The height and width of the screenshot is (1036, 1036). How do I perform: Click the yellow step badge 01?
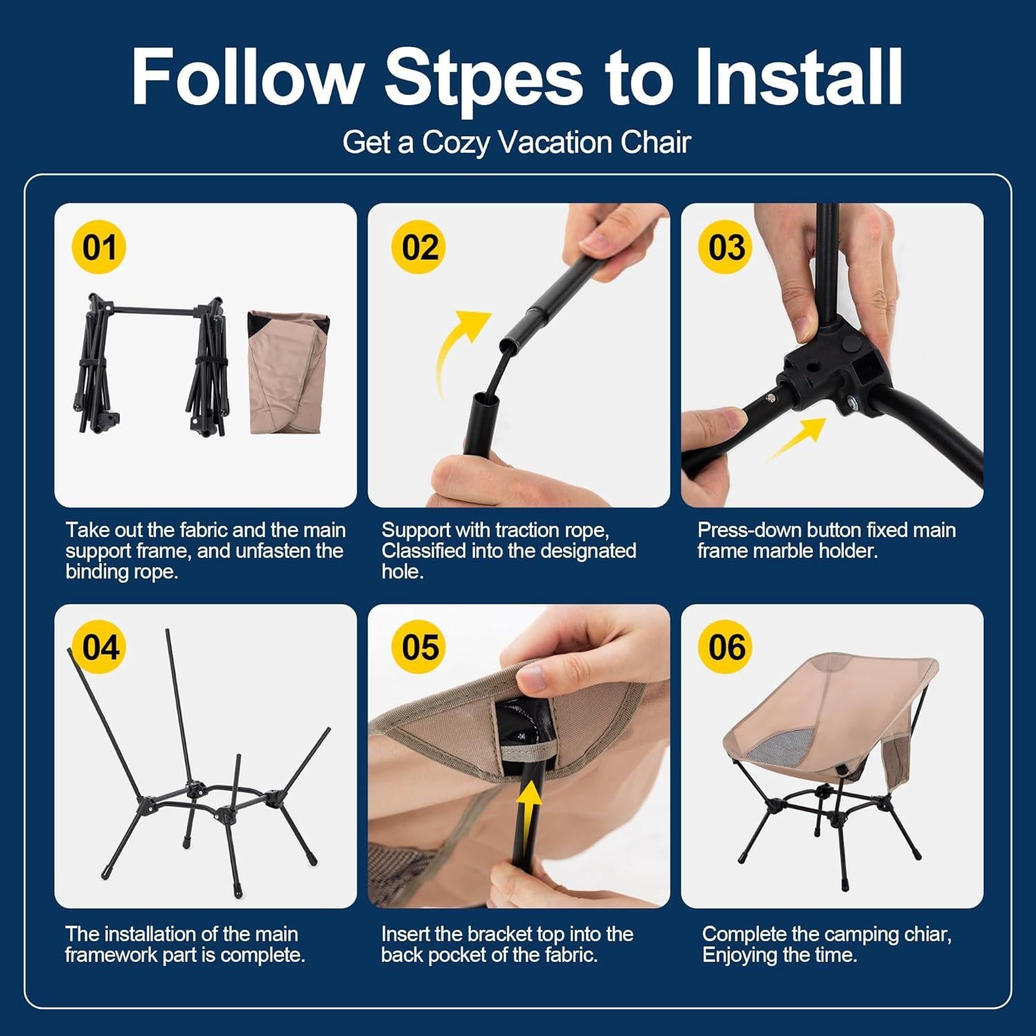click(99, 247)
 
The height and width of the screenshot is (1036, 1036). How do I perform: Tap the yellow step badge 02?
click(419, 247)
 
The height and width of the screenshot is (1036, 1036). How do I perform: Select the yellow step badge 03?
click(726, 247)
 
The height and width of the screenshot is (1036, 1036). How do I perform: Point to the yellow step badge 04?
click(100, 647)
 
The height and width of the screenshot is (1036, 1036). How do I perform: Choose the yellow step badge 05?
click(419, 647)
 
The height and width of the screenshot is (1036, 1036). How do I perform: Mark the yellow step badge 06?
click(726, 647)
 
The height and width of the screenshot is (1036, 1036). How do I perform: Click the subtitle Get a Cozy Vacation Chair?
click(517, 142)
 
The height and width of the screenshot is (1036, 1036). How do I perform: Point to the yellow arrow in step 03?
click(796, 440)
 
